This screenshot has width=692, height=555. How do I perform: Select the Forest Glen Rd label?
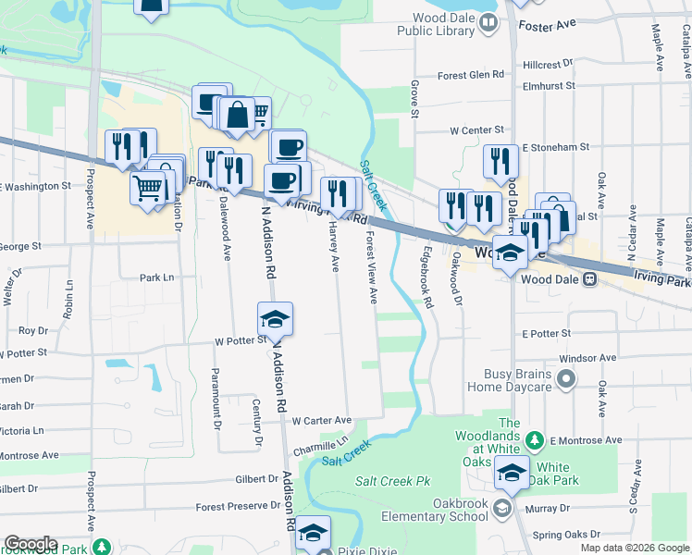[x=471, y=75]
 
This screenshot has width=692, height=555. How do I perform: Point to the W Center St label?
[x=476, y=131]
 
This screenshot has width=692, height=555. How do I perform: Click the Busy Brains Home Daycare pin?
[x=567, y=379]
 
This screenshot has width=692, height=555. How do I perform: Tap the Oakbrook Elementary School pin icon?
[x=501, y=508]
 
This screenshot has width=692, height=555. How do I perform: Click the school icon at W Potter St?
[x=275, y=319]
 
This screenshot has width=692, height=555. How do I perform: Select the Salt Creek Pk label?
[x=393, y=482]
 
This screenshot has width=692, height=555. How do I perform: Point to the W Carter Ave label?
[x=321, y=420]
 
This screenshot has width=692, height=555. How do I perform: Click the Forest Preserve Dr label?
[x=238, y=506]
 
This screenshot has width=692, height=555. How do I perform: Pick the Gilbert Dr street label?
[x=257, y=479]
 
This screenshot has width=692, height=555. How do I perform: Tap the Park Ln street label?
[x=156, y=277]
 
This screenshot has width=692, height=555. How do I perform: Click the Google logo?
[x=31, y=544]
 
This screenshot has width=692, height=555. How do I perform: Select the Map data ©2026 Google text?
[x=634, y=548]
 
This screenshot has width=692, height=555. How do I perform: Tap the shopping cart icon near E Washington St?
[x=148, y=190]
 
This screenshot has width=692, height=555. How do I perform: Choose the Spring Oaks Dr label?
[x=567, y=535]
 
